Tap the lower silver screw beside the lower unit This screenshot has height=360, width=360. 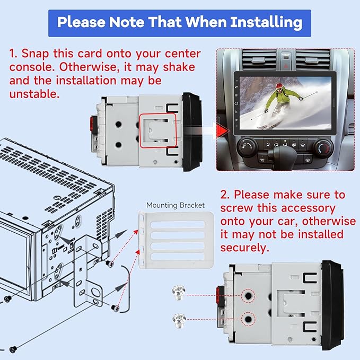click(x=178, y=319)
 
